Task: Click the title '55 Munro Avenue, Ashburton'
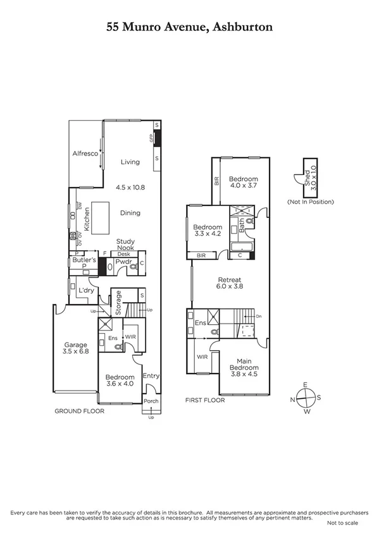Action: (x=189, y=28)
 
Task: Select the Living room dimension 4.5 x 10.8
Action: (x=131, y=188)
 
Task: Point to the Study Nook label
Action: (x=125, y=245)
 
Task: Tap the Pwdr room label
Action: (x=123, y=260)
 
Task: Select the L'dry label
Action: (x=85, y=290)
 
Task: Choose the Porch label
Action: (x=151, y=401)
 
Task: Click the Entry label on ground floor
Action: (x=151, y=376)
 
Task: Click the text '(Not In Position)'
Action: (x=310, y=202)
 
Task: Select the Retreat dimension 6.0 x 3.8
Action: (x=230, y=286)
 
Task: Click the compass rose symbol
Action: (x=306, y=398)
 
